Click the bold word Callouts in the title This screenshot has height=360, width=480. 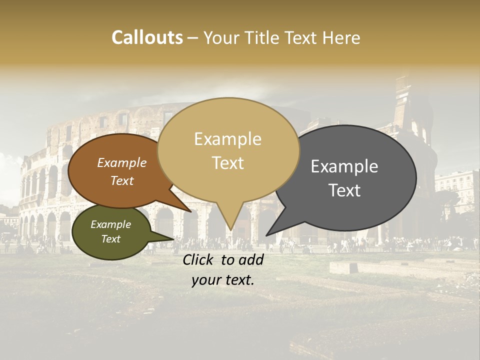pyautogui.click(x=147, y=37)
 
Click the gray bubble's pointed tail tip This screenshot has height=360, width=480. pyautogui.click(x=266, y=235)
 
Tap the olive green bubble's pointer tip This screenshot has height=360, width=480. pyautogui.click(x=173, y=239)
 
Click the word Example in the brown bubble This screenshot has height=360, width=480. pyautogui.click(x=121, y=163)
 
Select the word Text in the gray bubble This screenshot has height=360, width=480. pyautogui.click(x=344, y=190)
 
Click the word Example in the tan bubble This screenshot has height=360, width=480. pyautogui.click(x=227, y=139)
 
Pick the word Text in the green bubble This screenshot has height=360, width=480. pyautogui.click(x=110, y=239)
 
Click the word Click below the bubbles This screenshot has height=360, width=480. pyautogui.click(x=199, y=259)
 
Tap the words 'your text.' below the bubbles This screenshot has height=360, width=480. pyautogui.click(x=223, y=280)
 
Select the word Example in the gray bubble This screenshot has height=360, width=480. pyautogui.click(x=344, y=166)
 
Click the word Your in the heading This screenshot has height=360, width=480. pyautogui.click(x=221, y=37)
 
